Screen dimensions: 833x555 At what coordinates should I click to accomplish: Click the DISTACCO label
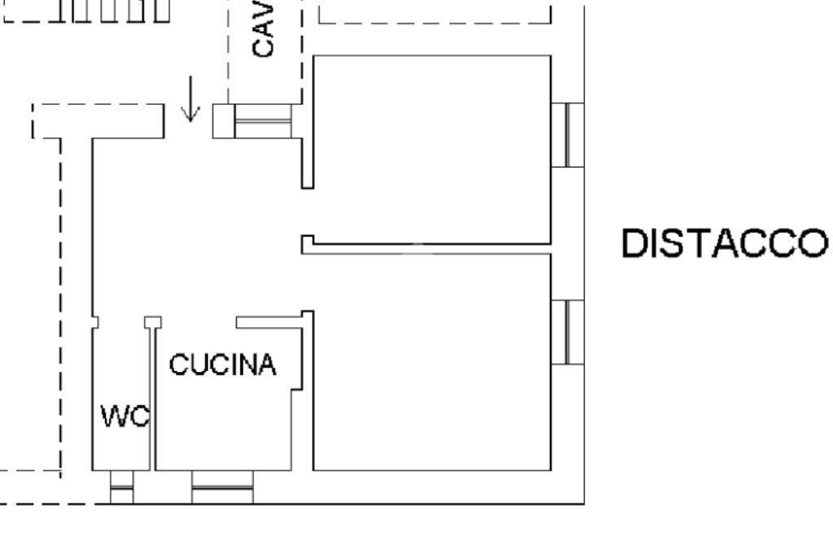[x=724, y=244]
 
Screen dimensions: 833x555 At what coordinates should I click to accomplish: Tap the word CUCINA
[x=223, y=365]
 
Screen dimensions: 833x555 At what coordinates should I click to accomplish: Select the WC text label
[x=124, y=418]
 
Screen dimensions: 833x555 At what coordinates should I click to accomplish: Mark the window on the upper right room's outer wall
[x=568, y=135]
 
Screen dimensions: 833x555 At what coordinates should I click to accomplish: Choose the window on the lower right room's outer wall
[x=568, y=331]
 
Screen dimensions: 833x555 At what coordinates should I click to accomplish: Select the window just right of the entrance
[x=262, y=121]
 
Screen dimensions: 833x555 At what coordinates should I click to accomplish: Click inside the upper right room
[x=431, y=146]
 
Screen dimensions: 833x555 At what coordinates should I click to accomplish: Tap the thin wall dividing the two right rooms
[x=431, y=245]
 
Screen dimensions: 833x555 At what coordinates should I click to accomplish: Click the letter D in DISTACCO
[x=635, y=244]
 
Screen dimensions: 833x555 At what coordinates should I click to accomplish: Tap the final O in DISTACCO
[x=810, y=244]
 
